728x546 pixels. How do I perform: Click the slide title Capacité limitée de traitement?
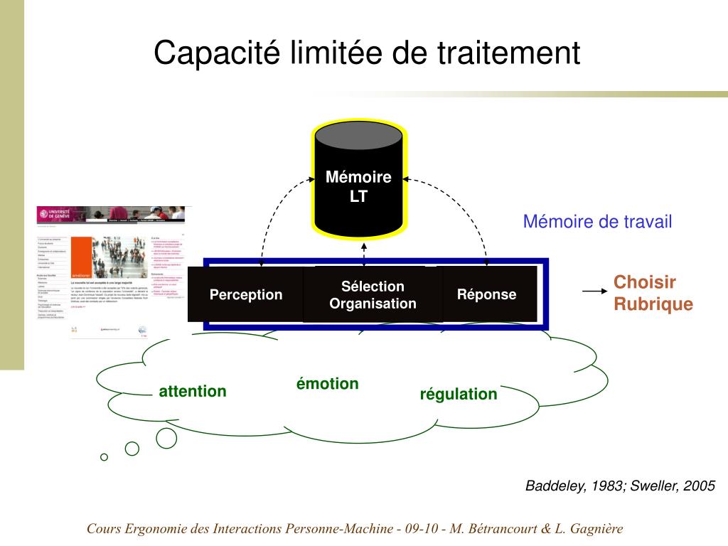367,54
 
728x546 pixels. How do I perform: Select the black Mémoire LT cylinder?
359,185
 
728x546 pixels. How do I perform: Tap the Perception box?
245,294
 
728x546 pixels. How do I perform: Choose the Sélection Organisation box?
373,295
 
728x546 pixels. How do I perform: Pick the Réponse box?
487,294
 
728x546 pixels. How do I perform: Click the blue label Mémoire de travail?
597,222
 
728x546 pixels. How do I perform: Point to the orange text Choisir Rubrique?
653,293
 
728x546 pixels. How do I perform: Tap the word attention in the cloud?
193,391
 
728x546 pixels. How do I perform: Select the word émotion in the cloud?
327,384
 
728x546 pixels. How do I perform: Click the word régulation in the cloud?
459,394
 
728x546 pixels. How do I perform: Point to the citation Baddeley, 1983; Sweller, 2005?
620,486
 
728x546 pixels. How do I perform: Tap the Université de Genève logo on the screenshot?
54,213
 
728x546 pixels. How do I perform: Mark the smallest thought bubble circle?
105,457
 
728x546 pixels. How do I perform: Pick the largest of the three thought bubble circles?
166,438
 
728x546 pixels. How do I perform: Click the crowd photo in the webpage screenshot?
122,256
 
